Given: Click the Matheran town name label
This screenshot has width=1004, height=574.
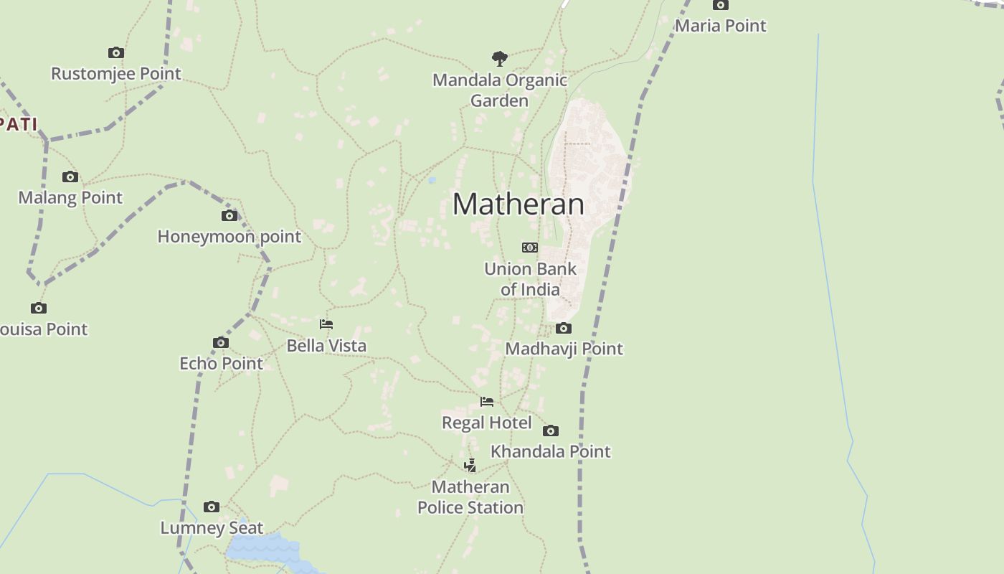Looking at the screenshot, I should (518, 204).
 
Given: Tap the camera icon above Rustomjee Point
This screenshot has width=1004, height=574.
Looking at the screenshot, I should (116, 53).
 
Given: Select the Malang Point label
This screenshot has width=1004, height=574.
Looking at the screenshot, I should (70, 197).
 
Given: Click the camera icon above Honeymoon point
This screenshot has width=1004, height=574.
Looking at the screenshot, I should (229, 216).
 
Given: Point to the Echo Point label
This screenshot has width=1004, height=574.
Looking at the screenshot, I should (221, 364).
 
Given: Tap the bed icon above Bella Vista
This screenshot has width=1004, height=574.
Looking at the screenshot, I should (326, 324).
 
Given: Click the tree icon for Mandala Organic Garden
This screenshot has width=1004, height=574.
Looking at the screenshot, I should (500, 58).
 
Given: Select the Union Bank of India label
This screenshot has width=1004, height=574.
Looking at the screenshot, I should (530, 279).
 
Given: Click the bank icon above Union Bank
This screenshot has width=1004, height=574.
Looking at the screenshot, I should (530, 248).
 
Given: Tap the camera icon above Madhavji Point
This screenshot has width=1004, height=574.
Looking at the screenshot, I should (564, 329).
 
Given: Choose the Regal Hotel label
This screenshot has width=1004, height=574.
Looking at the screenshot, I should (486, 423).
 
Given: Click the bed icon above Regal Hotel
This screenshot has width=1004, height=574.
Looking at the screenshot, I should (487, 402).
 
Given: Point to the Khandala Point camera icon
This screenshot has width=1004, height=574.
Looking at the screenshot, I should (551, 431).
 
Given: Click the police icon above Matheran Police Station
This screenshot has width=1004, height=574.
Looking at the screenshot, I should (470, 466).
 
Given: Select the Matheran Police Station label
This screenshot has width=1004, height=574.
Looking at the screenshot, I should (470, 497).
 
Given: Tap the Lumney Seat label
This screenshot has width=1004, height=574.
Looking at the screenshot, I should (212, 528).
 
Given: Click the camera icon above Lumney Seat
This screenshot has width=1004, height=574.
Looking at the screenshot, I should (211, 507).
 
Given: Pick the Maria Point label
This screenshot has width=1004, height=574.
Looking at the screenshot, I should (721, 26).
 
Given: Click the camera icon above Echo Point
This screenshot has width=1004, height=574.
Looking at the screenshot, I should (221, 343).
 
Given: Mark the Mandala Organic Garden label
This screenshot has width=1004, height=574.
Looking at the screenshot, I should (500, 90).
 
